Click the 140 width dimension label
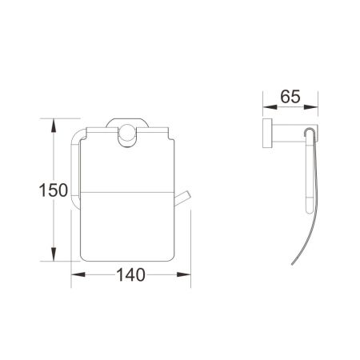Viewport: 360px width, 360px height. [130, 275]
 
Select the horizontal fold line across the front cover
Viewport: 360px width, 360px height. [128, 193]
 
